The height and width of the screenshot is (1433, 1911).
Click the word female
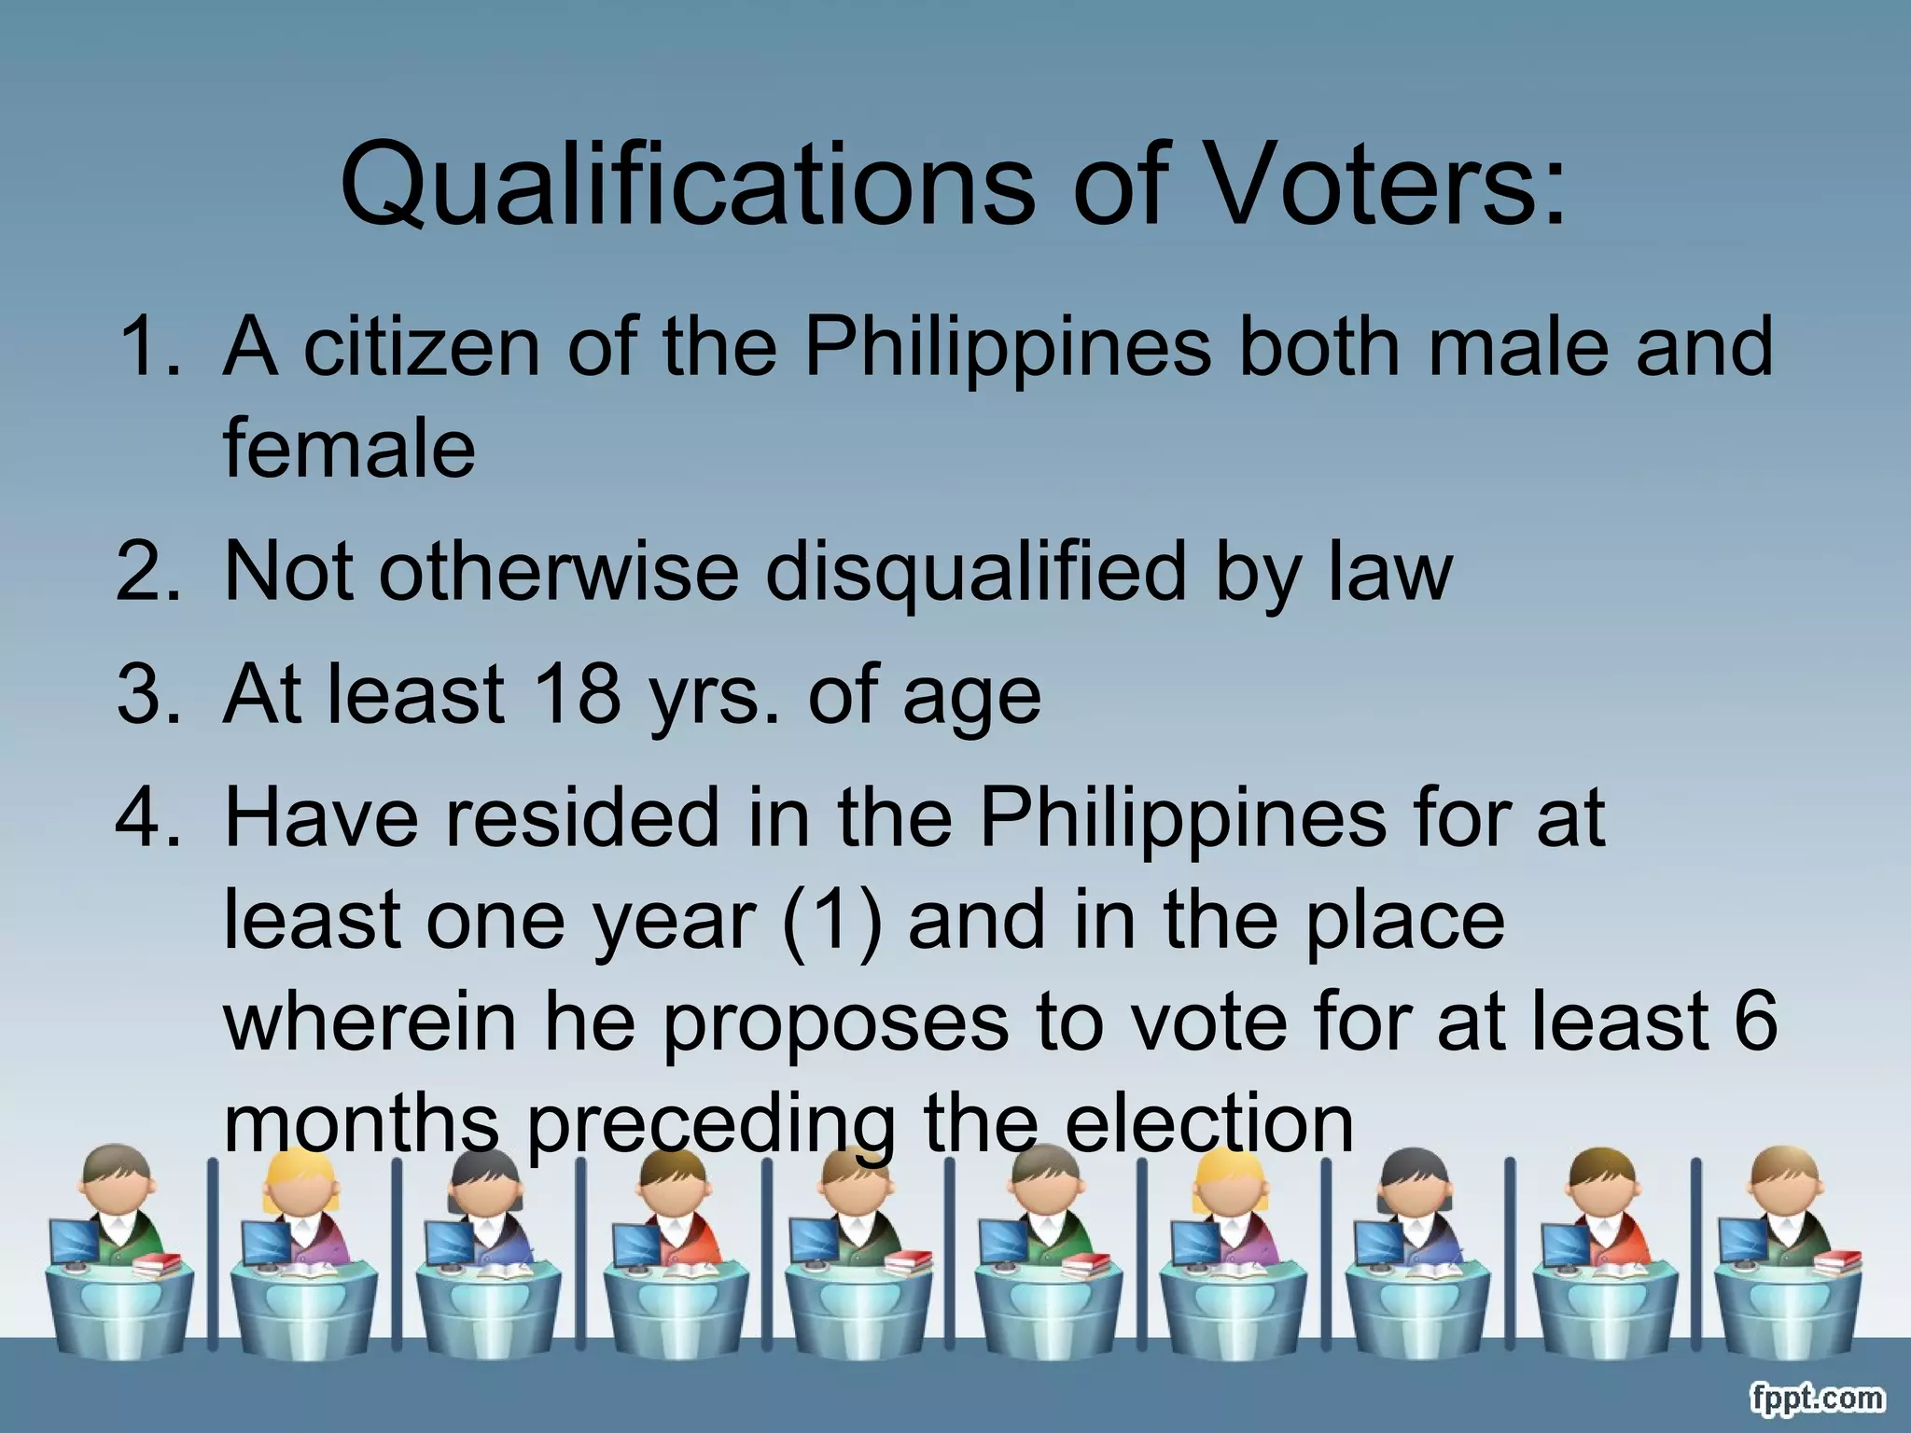pyautogui.click(x=349, y=449)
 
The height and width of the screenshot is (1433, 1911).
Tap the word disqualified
pyautogui.click(x=975, y=571)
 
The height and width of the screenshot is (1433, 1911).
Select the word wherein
pyautogui.click(x=370, y=1022)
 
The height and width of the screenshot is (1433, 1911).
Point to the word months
pyautogui.click(x=362, y=1123)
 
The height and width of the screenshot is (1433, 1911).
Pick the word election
pyautogui.click(x=1208, y=1123)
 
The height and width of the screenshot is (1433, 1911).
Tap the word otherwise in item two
pyautogui.click(x=559, y=571)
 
